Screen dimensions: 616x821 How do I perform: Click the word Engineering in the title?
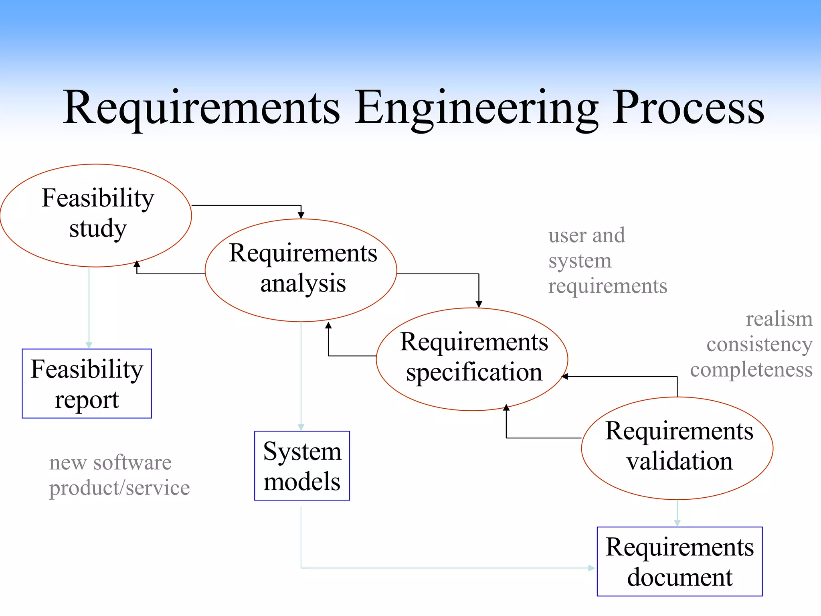[x=476, y=108]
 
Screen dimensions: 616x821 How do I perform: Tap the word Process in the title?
[x=688, y=108]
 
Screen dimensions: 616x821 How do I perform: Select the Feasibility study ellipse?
[x=96, y=215]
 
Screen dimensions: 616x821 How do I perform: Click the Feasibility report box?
[x=87, y=383]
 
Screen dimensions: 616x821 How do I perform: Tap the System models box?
[x=302, y=466]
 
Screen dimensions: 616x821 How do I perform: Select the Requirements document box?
[x=679, y=561]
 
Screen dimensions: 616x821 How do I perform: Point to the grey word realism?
[x=779, y=319]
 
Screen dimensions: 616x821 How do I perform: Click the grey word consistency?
[x=759, y=344]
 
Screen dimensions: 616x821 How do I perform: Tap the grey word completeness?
[x=751, y=369]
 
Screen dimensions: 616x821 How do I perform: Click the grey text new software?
[x=110, y=462]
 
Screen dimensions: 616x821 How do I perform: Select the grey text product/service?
[x=119, y=488]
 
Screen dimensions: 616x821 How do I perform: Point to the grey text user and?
[x=586, y=235]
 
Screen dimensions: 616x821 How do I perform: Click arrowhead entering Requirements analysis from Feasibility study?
[x=301, y=215]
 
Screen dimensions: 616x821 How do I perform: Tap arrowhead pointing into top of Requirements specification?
[x=479, y=304]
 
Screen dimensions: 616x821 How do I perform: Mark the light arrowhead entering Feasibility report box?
[x=89, y=345]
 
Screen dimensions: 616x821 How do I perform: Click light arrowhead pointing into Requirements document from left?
[x=592, y=568]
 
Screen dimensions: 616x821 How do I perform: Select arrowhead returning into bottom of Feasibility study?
[x=137, y=264]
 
